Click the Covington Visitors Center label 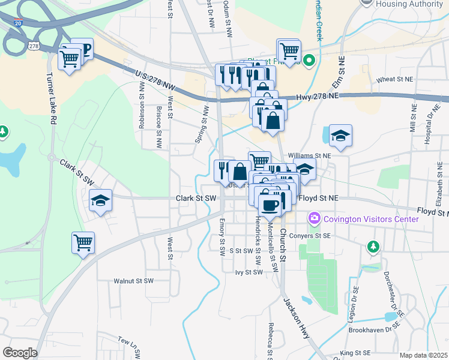point(371,219)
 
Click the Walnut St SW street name point(134,280)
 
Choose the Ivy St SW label point(249,272)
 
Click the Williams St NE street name point(309,155)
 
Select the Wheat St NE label point(395,79)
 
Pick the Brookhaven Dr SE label point(378,329)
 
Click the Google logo point(20,353)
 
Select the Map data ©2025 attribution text point(423,355)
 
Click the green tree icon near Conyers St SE point(373,247)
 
